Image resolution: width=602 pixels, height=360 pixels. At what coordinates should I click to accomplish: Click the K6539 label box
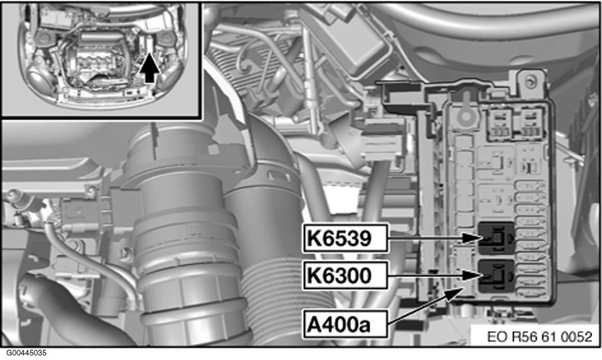345,238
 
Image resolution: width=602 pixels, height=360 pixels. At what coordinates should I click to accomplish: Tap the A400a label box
345,324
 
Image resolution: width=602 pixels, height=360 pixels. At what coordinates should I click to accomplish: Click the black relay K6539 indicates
497,238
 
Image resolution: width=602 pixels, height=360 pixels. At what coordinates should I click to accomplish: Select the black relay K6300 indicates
497,275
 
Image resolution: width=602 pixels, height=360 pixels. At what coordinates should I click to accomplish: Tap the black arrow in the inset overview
149,69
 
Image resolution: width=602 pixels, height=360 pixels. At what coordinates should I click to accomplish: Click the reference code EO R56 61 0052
540,336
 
